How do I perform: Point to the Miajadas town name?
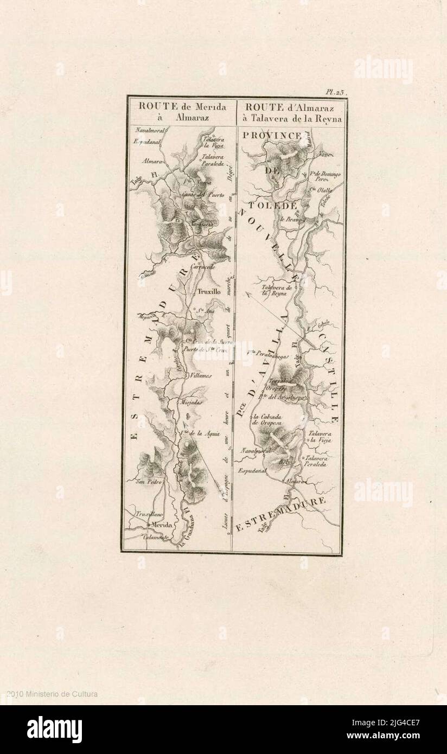coord(191,402)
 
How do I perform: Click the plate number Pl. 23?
coord(335,93)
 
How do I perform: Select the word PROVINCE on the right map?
coord(272,135)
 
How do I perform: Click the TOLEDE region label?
coord(273,206)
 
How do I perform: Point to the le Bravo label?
coord(290,220)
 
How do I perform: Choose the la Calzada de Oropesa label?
coord(265,420)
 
